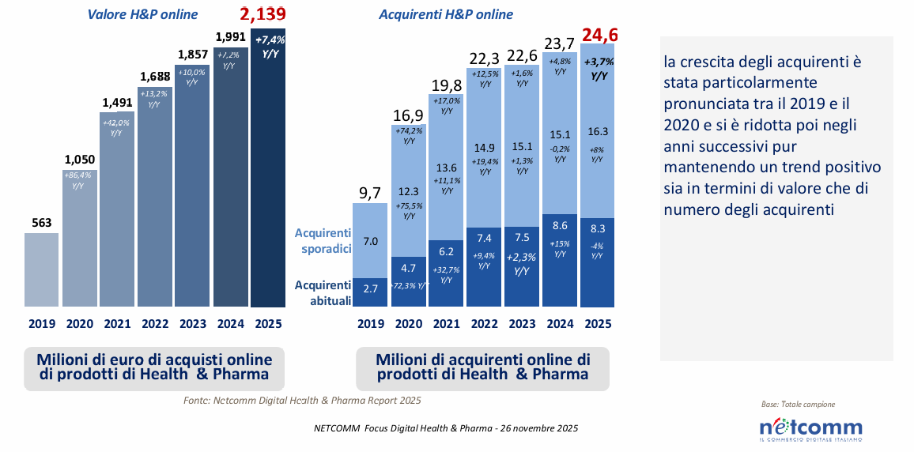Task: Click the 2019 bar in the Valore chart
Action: [41, 269]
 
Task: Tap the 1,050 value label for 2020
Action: [80, 157]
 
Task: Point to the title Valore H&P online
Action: [148, 14]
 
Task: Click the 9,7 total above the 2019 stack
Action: [370, 192]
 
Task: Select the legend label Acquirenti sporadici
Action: [322, 240]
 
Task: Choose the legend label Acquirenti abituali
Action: [322, 292]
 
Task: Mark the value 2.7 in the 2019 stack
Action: [371, 290]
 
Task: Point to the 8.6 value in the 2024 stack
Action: [559, 226]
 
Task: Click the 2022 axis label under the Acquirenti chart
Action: [483, 324]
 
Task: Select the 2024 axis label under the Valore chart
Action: [230, 324]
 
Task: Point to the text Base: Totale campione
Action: [797, 405]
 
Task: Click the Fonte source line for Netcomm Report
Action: [302, 401]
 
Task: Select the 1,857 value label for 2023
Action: [193, 55]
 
